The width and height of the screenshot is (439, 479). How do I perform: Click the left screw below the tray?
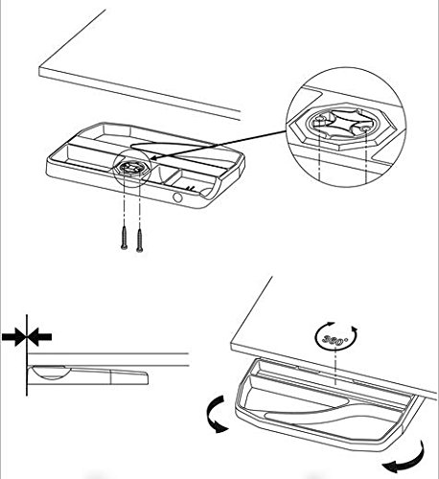(x=125, y=238)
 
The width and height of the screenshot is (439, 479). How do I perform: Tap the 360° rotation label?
(x=335, y=339)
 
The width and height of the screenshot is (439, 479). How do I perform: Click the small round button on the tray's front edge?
(x=177, y=197)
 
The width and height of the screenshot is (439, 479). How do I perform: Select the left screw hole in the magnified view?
(x=319, y=123)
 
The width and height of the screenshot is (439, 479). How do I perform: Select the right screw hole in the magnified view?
(x=366, y=128)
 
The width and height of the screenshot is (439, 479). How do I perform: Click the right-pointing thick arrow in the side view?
(x=13, y=336)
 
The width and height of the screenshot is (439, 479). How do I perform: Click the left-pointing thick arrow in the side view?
(x=39, y=336)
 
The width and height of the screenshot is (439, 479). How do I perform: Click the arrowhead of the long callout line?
(x=153, y=158)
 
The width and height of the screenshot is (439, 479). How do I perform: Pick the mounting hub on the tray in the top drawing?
(x=131, y=168)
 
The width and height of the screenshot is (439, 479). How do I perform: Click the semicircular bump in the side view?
(x=51, y=373)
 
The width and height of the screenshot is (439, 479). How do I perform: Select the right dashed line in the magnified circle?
(x=366, y=156)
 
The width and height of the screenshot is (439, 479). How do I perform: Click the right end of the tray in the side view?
(x=148, y=378)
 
